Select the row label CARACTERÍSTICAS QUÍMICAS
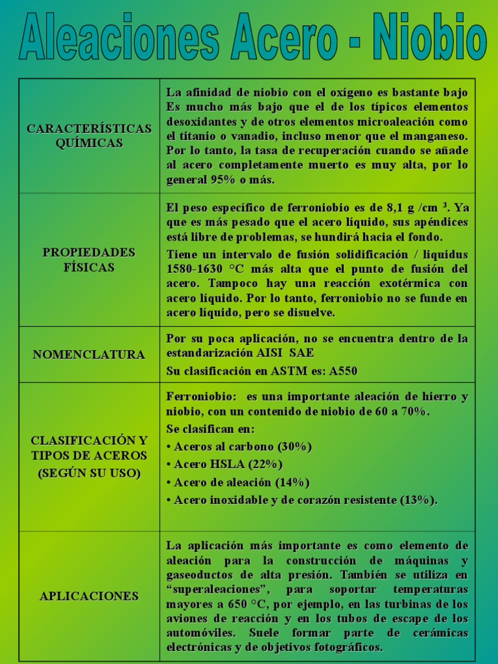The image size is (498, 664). (x=89, y=136)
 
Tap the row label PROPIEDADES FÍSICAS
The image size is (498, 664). (x=89, y=259)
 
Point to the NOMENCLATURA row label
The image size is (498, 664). (x=89, y=355)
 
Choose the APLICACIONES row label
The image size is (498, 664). (x=89, y=596)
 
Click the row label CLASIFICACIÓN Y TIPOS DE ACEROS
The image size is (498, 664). (x=89, y=456)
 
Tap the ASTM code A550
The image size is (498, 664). (x=343, y=371)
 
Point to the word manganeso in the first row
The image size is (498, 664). (x=434, y=136)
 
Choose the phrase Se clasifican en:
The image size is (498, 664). (x=211, y=429)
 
